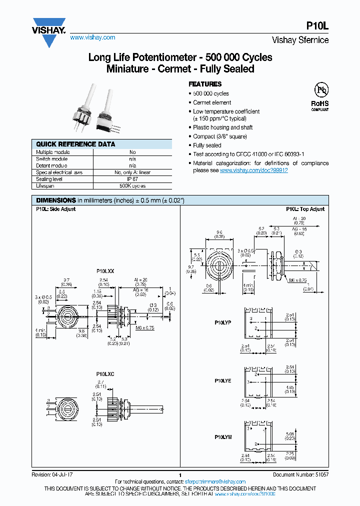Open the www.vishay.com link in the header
point(92,37)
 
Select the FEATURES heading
point(205,84)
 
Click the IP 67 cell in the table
point(132,179)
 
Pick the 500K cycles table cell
point(132,185)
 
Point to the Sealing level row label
point(49,179)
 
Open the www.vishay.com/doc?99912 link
point(253,170)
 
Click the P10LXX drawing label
point(105,271)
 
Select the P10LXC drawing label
point(105,374)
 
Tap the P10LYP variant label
point(223,323)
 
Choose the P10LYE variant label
point(223,380)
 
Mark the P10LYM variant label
point(223,437)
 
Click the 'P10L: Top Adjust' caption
point(305,209)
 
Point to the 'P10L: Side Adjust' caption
point(55,209)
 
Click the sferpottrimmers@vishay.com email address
point(209,481)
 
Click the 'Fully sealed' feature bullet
point(207,145)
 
